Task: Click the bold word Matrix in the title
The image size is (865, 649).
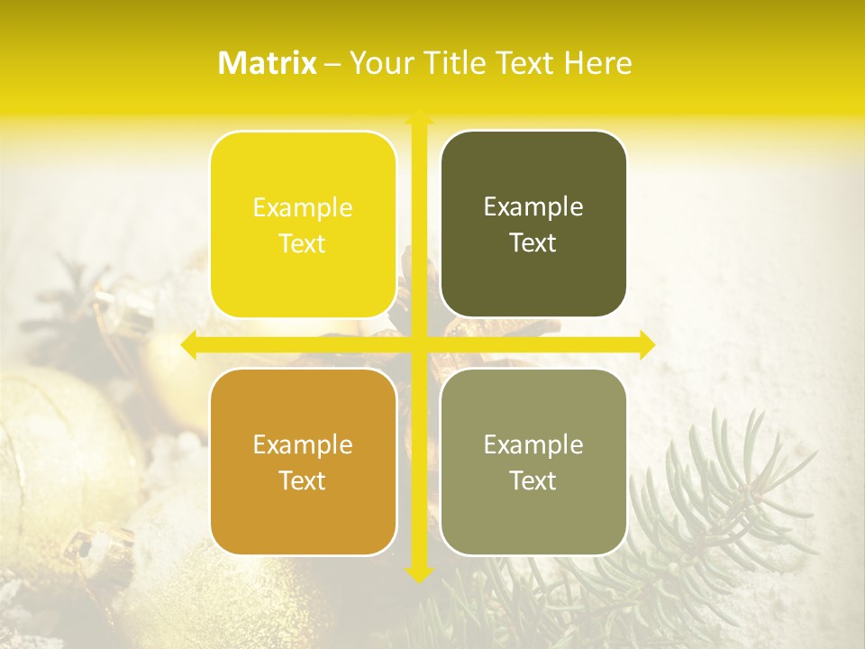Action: coord(268,63)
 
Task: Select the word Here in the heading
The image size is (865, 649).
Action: coord(597,63)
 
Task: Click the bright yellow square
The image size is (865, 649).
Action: coord(303,224)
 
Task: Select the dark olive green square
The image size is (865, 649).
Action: coord(533,224)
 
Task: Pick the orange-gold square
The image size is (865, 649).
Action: coord(303,462)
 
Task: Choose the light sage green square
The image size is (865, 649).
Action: coord(533,462)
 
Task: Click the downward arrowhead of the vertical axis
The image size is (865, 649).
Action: coord(418,574)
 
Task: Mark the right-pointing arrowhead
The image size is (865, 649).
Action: coord(647,345)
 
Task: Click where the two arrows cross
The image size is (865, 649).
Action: coord(418,345)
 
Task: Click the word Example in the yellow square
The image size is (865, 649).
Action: coord(303,208)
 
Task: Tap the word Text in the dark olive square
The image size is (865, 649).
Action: coord(533,242)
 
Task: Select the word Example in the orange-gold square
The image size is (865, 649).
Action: coord(303,445)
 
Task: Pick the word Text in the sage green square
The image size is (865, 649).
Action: coord(533,480)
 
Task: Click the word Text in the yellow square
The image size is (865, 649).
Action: coord(303,243)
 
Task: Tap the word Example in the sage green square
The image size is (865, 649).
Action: coord(533,445)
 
